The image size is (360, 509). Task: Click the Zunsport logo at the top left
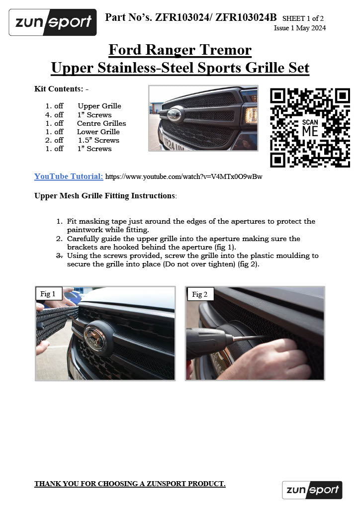coord(53,22)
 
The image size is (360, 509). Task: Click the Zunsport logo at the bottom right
coord(312,490)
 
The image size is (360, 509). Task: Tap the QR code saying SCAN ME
coord(309,128)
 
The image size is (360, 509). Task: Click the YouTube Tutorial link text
coord(69,176)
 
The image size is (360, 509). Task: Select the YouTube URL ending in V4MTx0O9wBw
coord(183,176)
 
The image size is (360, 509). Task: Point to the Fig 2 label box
coord(199,294)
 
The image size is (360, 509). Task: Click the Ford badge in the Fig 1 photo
coord(94,338)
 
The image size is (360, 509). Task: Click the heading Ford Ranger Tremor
coord(180,50)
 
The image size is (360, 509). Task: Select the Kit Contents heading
coord(61,89)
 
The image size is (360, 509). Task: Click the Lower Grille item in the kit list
coord(98,132)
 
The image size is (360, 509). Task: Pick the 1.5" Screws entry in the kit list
coord(98,140)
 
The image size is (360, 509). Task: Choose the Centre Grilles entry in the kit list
coord(101,123)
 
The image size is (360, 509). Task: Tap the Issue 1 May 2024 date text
coord(299,28)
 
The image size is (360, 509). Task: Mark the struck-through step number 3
coord(59,255)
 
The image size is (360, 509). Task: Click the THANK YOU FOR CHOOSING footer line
coord(129,484)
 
